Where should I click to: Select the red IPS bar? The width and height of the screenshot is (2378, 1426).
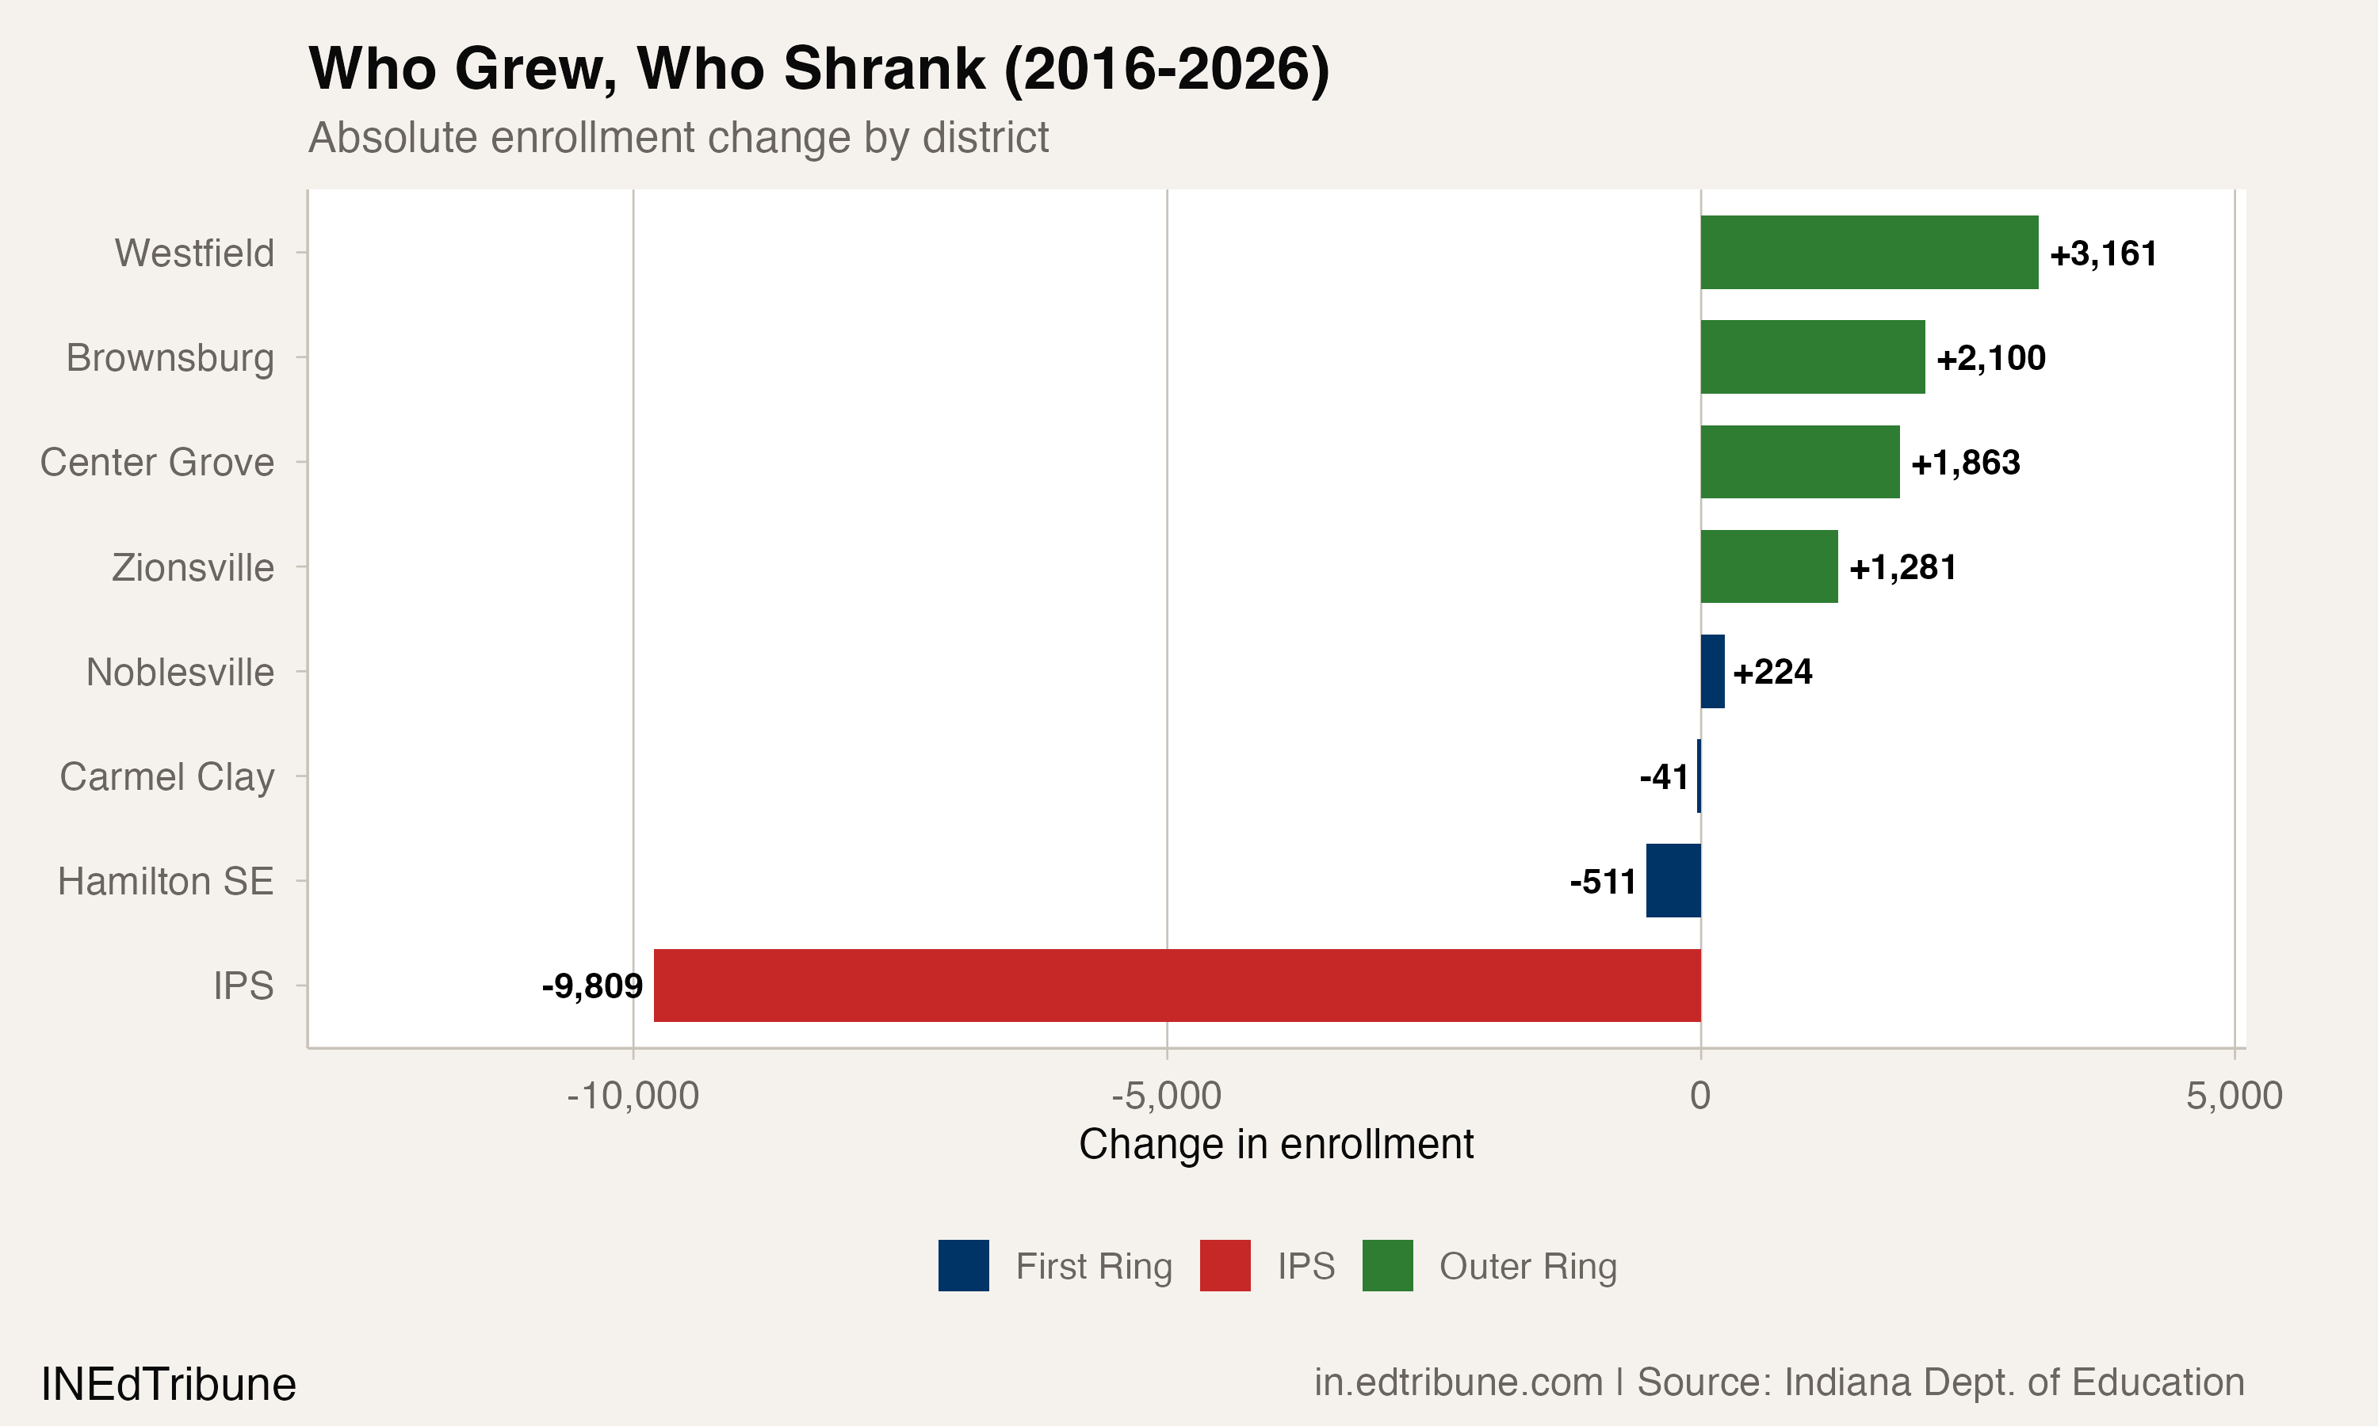tap(1176, 985)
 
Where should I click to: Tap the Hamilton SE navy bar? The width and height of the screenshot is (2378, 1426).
tap(1673, 880)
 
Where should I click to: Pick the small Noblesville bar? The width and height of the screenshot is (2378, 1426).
tap(1712, 672)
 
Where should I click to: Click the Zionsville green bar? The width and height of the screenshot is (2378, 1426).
tap(1768, 567)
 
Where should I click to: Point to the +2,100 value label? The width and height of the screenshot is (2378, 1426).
tap(1990, 357)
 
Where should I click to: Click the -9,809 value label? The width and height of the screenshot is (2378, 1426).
tap(592, 985)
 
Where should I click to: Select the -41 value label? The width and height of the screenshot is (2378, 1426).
tap(1664, 776)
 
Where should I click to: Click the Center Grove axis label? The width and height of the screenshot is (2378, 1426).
tap(157, 462)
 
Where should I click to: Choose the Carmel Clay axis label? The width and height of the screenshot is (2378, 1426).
tap(166, 776)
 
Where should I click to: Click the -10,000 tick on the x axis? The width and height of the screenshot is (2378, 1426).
tap(633, 1096)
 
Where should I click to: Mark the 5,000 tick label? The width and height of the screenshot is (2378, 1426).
tap(2233, 1096)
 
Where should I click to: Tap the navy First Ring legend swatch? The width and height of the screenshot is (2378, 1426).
tap(963, 1265)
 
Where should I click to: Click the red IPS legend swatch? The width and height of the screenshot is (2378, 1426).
tap(1225, 1265)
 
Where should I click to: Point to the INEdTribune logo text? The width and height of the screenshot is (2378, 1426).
tap(168, 1384)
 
